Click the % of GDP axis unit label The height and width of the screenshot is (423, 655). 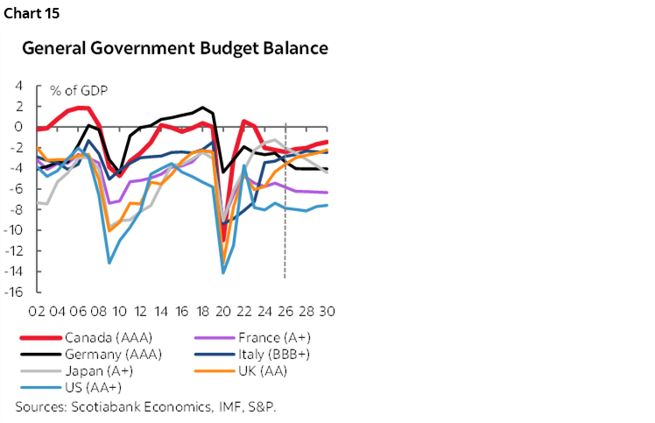(78, 91)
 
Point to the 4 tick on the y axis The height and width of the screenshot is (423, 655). (18, 85)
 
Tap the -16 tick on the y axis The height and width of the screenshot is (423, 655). (13, 293)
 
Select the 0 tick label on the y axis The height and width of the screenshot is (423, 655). (18, 126)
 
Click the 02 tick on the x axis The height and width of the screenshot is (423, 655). (38, 313)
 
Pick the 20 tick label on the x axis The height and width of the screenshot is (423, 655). (222, 313)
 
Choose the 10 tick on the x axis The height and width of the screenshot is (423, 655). (119, 313)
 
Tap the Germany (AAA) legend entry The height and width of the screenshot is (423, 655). (103, 354)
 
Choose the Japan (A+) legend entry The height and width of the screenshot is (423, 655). (94, 370)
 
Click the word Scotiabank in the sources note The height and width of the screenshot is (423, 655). (105, 406)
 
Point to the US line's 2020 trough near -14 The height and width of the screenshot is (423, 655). (223, 272)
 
